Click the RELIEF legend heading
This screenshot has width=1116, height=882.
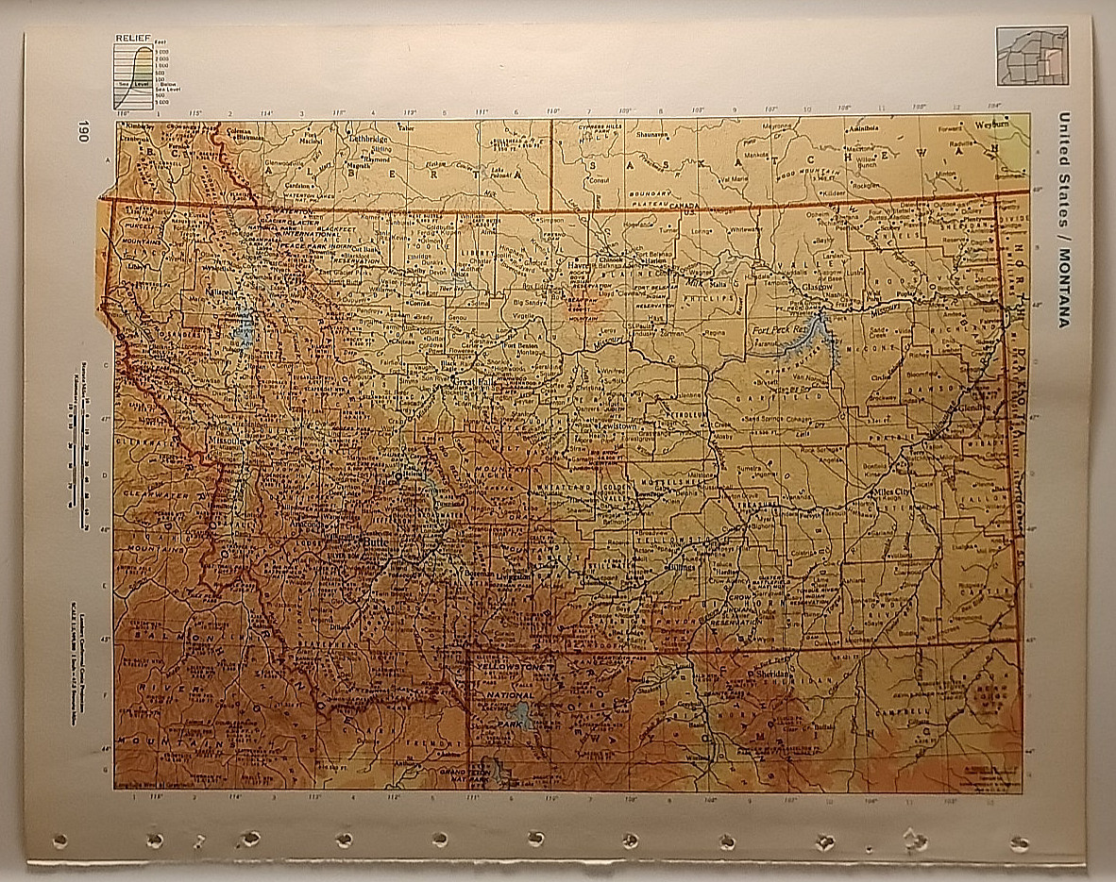coord(131,37)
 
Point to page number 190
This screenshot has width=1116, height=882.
coord(84,131)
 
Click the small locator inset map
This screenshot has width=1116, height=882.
coord(1032,56)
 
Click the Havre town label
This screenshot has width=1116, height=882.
coord(578,267)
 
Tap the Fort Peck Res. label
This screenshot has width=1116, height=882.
coord(776,330)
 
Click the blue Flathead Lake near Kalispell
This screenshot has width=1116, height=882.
coord(245,327)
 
